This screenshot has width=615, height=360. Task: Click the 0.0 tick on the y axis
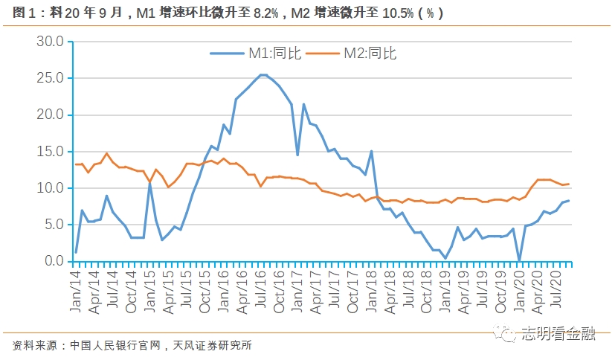point(54,261)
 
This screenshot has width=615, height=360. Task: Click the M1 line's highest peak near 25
point(263,75)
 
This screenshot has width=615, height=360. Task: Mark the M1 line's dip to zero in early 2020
point(519,260)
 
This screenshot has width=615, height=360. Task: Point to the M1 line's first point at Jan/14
point(76,252)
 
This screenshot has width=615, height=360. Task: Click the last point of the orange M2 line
point(570,184)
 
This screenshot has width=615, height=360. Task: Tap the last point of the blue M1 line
point(570,201)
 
